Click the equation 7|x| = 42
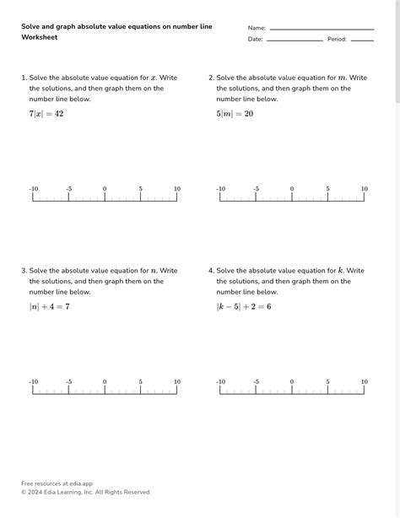tap(46, 114)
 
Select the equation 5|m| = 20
tap(235, 114)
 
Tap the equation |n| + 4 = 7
tap(50, 306)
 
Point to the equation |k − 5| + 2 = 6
tap(244, 306)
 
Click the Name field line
tap(321, 29)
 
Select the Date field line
tap(295, 40)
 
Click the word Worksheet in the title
tap(39, 38)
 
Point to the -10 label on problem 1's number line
tap(33, 189)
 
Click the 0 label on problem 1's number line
tap(105, 189)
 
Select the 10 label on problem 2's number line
tap(365, 189)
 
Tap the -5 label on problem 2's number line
tap(256, 189)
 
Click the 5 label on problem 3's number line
tap(141, 382)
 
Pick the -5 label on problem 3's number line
tap(68, 382)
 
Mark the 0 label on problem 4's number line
tap(292, 382)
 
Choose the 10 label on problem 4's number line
tap(365, 382)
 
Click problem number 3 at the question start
tap(24, 271)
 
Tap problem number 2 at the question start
tap(211, 78)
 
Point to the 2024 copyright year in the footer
tap(36, 492)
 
